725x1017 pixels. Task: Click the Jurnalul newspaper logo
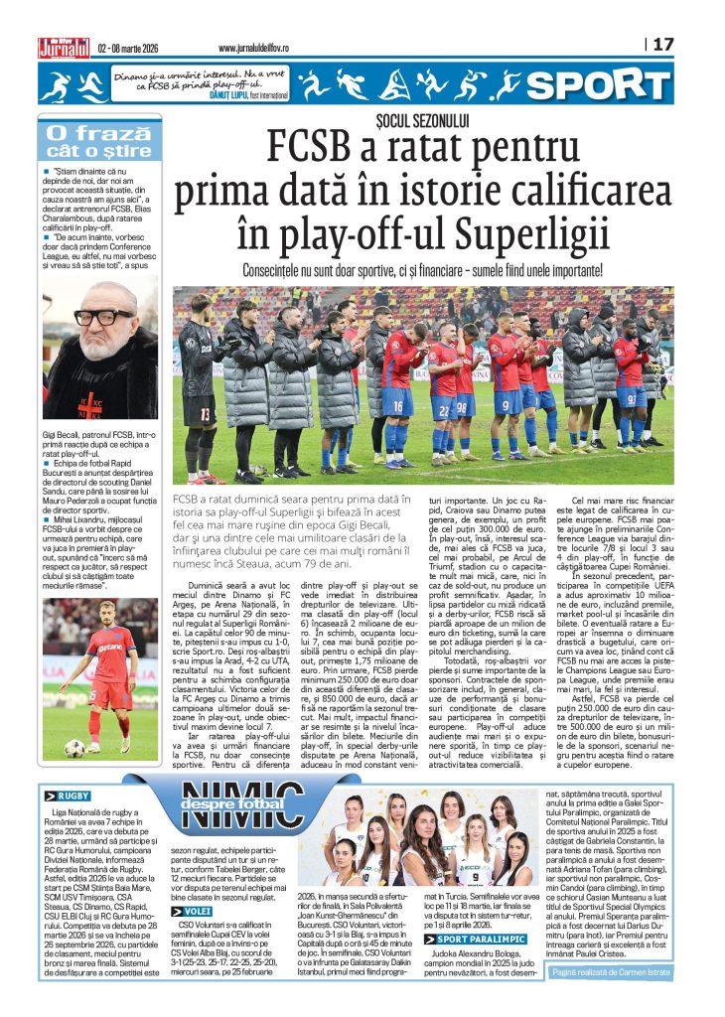64,46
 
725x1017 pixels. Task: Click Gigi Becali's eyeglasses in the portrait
101,317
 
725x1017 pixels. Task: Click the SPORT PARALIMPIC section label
473,938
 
